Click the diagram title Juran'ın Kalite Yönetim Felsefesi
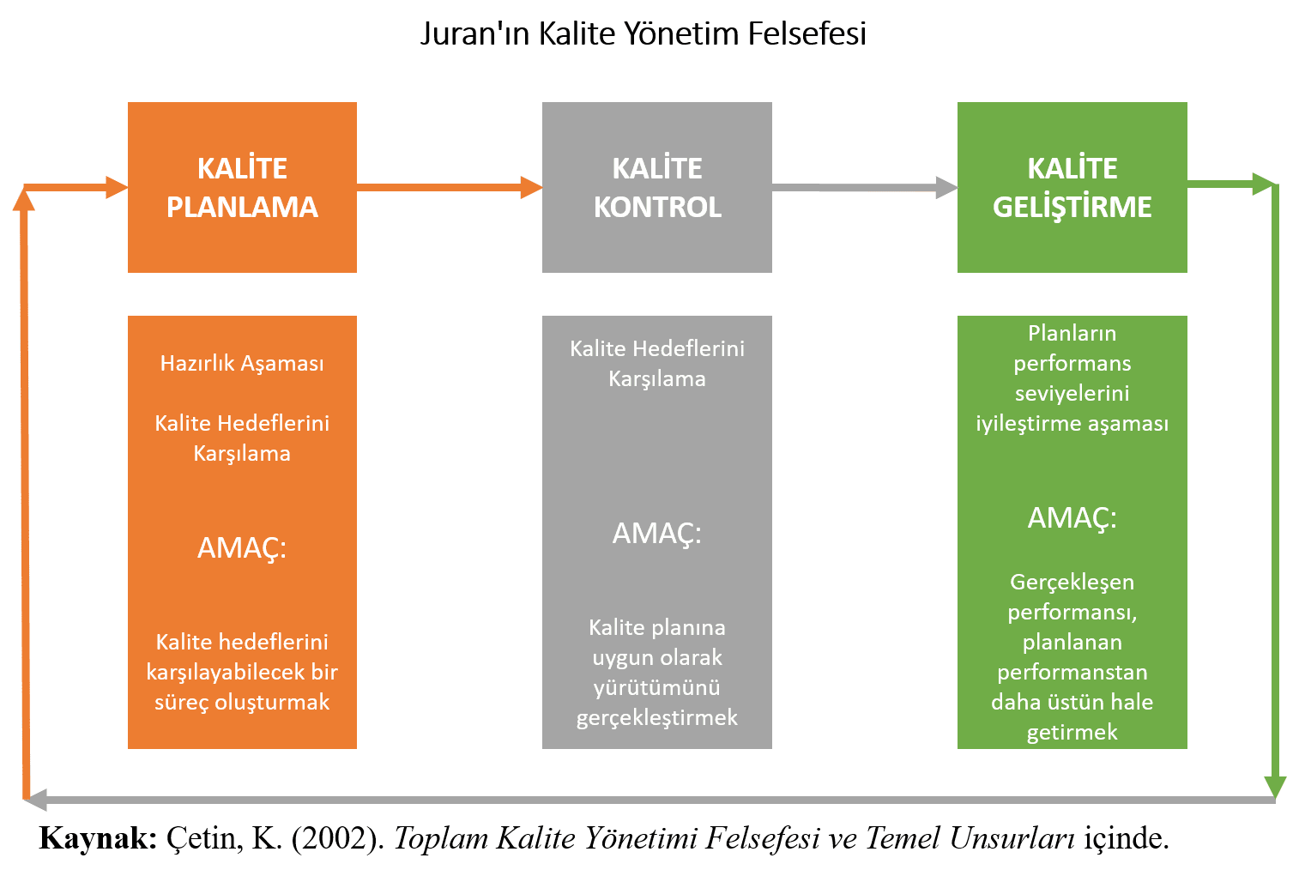click(x=643, y=33)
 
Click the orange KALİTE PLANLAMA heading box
click(x=242, y=187)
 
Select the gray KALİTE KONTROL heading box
click(x=657, y=187)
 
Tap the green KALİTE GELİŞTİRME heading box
click(x=1072, y=187)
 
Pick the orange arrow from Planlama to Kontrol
click(x=446, y=186)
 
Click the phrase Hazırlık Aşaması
click(x=242, y=363)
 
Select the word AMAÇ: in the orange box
click(x=242, y=547)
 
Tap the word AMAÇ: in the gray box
click(x=657, y=534)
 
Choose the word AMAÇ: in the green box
click(x=1072, y=518)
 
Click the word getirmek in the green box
click(x=1072, y=732)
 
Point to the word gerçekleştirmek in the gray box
click(x=657, y=717)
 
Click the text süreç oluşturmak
click(x=242, y=702)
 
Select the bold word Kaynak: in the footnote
click(x=98, y=838)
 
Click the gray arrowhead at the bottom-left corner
click(x=34, y=800)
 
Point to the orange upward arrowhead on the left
click(x=24, y=199)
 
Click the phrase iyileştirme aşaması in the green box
click(x=1072, y=423)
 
